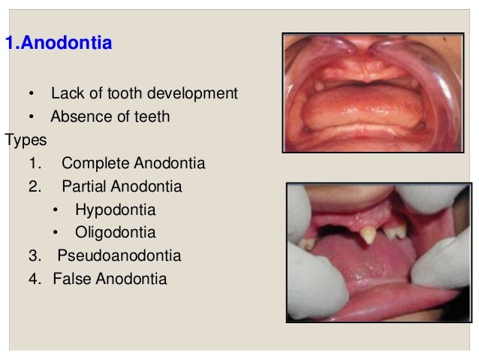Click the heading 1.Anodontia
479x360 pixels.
(x=59, y=44)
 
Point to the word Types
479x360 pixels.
(x=26, y=140)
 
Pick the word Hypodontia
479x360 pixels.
(x=115, y=209)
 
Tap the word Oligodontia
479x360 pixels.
(x=115, y=232)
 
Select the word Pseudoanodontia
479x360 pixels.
(x=119, y=256)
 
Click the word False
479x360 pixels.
(x=73, y=279)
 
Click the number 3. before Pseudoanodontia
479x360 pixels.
(x=34, y=256)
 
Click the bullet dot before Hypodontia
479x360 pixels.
(x=56, y=210)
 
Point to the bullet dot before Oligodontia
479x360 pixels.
(x=56, y=233)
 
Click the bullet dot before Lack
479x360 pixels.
(x=31, y=95)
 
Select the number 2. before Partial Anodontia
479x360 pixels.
(x=34, y=186)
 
